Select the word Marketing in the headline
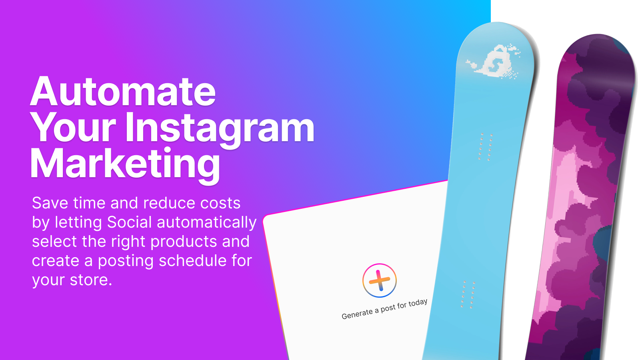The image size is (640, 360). pos(125,166)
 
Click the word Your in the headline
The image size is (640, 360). pos(73,127)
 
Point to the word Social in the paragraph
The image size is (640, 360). pos(130,222)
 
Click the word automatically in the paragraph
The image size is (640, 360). pos(207,223)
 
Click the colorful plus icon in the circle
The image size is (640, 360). pos(380,280)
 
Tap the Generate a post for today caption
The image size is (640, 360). pos(384,309)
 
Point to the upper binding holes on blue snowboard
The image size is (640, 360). pos(486,146)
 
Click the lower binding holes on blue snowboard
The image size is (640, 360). pos(468,294)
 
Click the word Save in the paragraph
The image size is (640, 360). pos(50,203)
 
